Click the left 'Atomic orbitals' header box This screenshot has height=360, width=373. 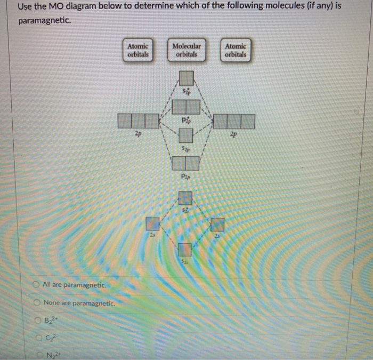click(x=138, y=50)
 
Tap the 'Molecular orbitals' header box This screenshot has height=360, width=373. click(x=186, y=50)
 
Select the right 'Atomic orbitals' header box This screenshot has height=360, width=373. click(x=236, y=50)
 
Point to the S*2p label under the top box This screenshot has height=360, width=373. click(x=186, y=92)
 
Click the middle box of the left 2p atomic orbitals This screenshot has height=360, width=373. click(x=138, y=121)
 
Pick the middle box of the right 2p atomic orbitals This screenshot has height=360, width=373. click(x=234, y=121)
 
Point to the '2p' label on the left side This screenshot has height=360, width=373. click(x=138, y=135)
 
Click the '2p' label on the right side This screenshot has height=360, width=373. click(x=234, y=135)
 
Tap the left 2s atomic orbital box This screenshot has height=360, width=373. click(x=153, y=223)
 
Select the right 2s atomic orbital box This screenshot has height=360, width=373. click(x=218, y=225)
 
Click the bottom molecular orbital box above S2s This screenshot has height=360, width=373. click(x=184, y=250)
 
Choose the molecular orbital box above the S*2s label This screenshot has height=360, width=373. click(x=185, y=199)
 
